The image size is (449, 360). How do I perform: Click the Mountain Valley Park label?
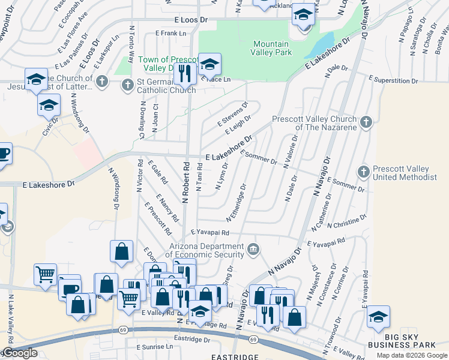click(x=272, y=48)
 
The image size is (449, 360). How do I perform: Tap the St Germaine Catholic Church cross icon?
click(x=127, y=85)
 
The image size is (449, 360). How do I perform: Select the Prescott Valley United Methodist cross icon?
click(x=363, y=172)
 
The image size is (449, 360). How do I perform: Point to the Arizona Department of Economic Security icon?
click(x=253, y=248)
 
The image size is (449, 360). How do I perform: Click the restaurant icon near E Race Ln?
click(x=184, y=73)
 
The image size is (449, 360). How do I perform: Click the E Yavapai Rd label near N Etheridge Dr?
click(x=210, y=232)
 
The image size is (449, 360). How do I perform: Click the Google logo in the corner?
click(x=19, y=353)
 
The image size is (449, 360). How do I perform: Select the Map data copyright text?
click(x=411, y=355)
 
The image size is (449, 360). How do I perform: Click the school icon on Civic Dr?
click(x=48, y=106)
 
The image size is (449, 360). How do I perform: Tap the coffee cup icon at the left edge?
click(x=4, y=154)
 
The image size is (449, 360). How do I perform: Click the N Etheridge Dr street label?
click(x=237, y=201)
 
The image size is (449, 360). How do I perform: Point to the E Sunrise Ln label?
click(x=155, y=347)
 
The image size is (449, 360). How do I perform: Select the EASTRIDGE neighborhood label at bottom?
click(x=235, y=356)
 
